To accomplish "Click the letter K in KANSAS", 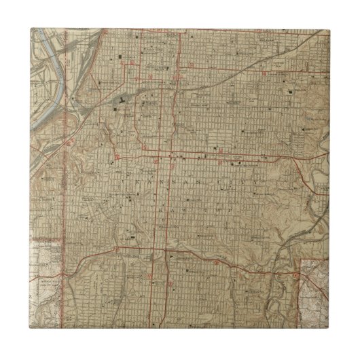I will click(122, 181).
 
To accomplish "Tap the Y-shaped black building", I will click(120, 101).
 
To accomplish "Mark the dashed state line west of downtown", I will click(66, 170).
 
